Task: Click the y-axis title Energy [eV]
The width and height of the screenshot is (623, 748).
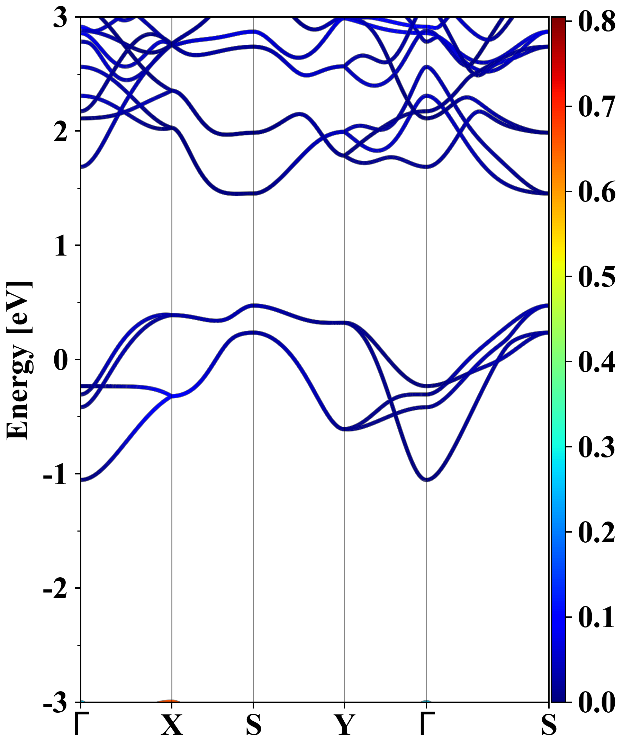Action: pyautogui.click(x=20, y=360)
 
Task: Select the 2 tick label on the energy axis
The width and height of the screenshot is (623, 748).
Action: pyautogui.click(x=61, y=132)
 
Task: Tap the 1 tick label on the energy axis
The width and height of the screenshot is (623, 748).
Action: pyautogui.click(x=61, y=246)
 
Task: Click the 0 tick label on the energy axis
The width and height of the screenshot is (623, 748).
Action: pyautogui.click(x=61, y=360)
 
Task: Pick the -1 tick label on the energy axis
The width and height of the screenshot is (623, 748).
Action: pyautogui.click(x=55, y=474)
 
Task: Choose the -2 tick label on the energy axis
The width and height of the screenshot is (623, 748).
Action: pyautogui.click(x=55, y=588)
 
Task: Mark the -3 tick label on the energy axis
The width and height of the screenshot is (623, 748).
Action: pyautogui.click(x=55, y=702)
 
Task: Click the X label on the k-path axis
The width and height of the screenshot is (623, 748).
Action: pyautogui.click(x=172, y=725)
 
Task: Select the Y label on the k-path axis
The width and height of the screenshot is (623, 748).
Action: pyautogui.click(x=344, y=725)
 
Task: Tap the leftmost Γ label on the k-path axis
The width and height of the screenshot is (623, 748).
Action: pyautogui.click(x=80, y=725)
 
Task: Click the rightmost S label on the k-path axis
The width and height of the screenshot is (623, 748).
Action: pyautogui.click(x=549, y=725)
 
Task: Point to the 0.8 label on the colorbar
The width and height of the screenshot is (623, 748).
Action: pyautogui.click(x=597, y=21)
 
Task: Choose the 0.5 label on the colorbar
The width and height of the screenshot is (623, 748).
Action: pyautogui.click(x=597, y=277)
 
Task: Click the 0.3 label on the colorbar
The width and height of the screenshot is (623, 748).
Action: pyautogui.click(x=597, y=447)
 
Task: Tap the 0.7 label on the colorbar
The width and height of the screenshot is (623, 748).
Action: pyautogui.click(x=597, y=107)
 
